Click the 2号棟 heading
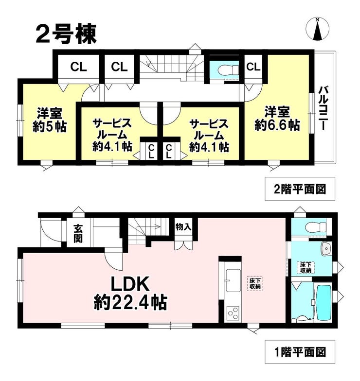pyautogui.click(x=66, y=34)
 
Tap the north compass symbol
pyautogui.click(x=317, y=29)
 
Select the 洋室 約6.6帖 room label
pyautogui.click(x=277, y=119)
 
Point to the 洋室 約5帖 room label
pyautogui.click(x=50, y=120)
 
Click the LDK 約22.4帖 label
pyautogui.click(x=130, y=294)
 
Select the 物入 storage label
pyautogui.click(x=183, y=227)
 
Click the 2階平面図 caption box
pyautogui.click(x=300, y=189)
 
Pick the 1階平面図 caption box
pyautogui.click(x=300, y=352)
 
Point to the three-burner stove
pyautogui.click(x=233, y=313)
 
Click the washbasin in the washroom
pyautogui.click(x=325, y=249)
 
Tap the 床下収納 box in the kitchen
pyautogui.click(x=255, y=283)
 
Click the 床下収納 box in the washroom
pyautogui.click(x=306, y=267)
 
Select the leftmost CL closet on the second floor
pyautogui.click(x=78, y=67)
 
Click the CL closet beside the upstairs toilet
pyautogui.click(x=253, y=67)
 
